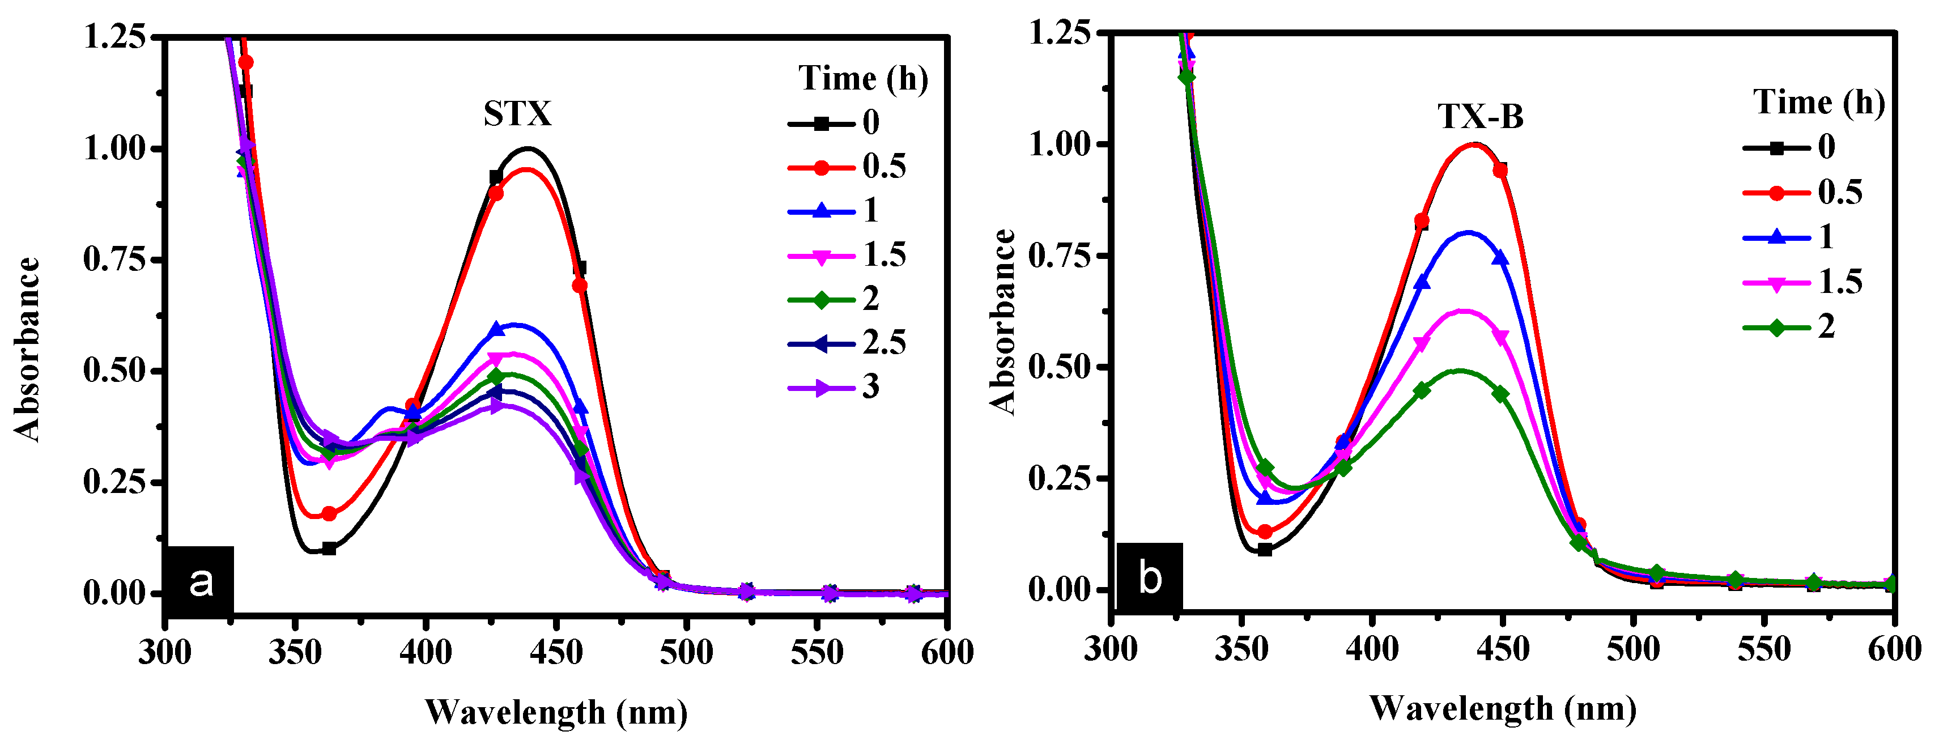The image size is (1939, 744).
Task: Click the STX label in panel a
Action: click(517, 114)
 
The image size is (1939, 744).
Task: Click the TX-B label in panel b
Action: click(1480, 117)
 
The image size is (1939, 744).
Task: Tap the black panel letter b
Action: click(1149, 577)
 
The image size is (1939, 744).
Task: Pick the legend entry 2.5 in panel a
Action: click(884, 343)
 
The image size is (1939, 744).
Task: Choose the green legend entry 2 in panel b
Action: click(1826, 327)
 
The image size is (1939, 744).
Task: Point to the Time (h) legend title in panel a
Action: click(862, 78)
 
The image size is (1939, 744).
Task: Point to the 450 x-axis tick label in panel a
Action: click(555, 652)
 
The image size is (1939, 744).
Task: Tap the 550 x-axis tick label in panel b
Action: click(1763, 649)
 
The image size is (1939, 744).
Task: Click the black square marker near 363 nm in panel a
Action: click(329, 548)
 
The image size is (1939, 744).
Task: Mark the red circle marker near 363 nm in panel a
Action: click(329, 513)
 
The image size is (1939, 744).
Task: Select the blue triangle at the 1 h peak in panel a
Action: click(496, 329)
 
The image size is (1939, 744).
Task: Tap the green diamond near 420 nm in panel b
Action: click(1421, 390)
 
